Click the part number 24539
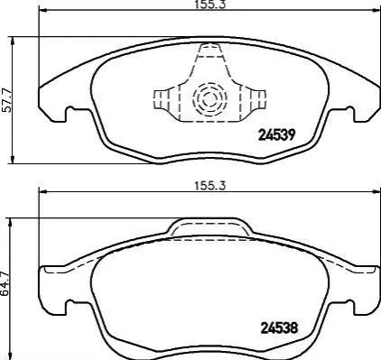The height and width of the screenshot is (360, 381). tap(275, 135)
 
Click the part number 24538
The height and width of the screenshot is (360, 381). tap(279, 328)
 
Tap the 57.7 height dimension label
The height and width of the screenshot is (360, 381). tap(6, 100)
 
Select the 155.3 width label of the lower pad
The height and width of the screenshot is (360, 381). tap(209, 186)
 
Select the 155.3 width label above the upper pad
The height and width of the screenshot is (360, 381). tap(210, 5)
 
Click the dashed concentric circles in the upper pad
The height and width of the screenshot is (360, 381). tap(209, 99)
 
